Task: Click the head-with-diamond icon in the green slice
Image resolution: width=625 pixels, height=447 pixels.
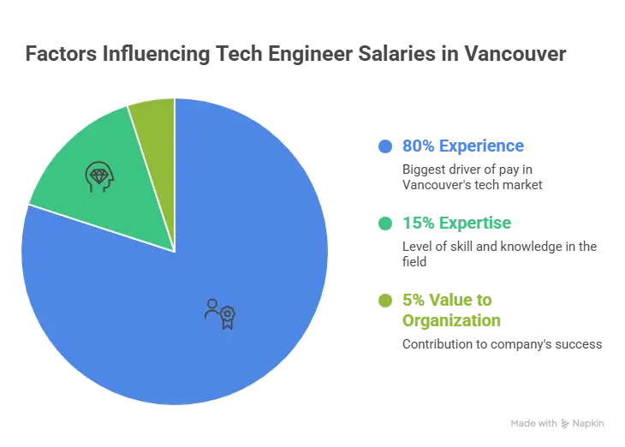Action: (x=98, y=176)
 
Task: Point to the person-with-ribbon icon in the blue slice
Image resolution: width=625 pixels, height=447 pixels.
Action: (x=219, y=313)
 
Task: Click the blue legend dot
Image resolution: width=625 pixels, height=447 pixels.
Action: (x=385, y=146)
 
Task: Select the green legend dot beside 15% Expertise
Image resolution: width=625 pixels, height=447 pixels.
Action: (x=385, y=224)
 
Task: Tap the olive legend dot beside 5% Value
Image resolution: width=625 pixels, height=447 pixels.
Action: (x=385, y=301)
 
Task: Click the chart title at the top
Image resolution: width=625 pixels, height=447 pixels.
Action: (x=293, y=55)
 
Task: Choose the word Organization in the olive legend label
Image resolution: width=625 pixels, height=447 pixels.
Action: (x=451, y=322)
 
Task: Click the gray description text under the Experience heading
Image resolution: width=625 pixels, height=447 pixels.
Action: (x=471, y=177)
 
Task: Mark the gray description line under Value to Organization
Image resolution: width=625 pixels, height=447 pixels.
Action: (x=499, y=343)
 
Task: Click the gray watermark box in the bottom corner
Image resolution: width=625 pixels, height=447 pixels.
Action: (x=557, y=424)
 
